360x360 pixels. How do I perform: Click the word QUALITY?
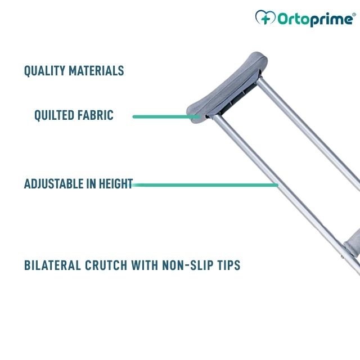click(44, 71)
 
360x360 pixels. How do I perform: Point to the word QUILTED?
click(54, 115)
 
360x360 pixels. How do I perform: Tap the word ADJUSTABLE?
click(52, 184)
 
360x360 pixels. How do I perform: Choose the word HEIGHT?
click(115, 184)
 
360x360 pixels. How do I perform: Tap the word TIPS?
click(228, 265)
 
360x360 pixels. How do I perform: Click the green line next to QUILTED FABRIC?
click(166, 116)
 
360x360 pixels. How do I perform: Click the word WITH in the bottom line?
click(145, 265)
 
